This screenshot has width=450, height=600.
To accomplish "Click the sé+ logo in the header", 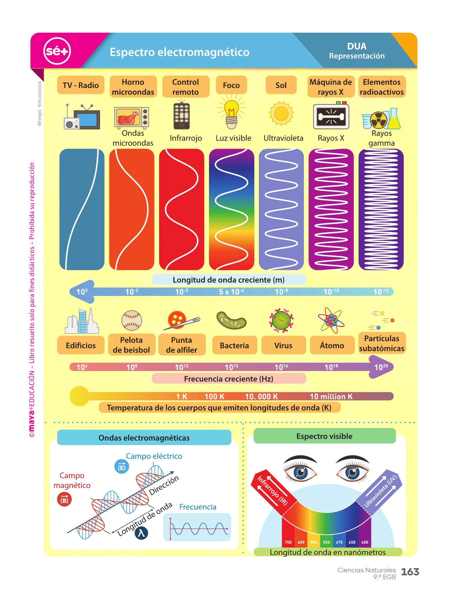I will [57, 51].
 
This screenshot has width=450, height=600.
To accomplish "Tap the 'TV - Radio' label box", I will [81, 85].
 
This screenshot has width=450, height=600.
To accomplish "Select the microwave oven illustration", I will [131, 117].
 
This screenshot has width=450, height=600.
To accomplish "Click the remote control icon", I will [182, 116].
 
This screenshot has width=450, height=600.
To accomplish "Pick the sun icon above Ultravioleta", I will [281, 113].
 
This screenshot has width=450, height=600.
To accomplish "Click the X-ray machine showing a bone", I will [331, 116].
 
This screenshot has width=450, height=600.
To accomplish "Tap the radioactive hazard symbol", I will [379, 120].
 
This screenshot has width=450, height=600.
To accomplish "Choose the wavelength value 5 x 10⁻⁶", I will [231, 292].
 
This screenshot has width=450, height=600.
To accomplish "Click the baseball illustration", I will [132, 321].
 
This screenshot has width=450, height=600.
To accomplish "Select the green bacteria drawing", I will [231, 321].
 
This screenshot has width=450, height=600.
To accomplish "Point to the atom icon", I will [331, 320].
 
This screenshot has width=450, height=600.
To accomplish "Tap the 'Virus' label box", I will [283, 345].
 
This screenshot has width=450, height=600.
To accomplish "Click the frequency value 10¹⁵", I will [231, 367].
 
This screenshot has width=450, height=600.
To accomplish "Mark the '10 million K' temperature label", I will [331, 397].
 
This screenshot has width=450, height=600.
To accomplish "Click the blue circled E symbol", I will [122, 467].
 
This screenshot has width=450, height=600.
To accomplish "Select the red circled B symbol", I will [64, 500].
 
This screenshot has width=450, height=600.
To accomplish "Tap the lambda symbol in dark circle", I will [141, 533].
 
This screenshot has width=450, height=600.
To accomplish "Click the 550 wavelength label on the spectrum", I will [326, 542].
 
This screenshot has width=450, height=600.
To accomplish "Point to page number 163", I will [410, 572].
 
